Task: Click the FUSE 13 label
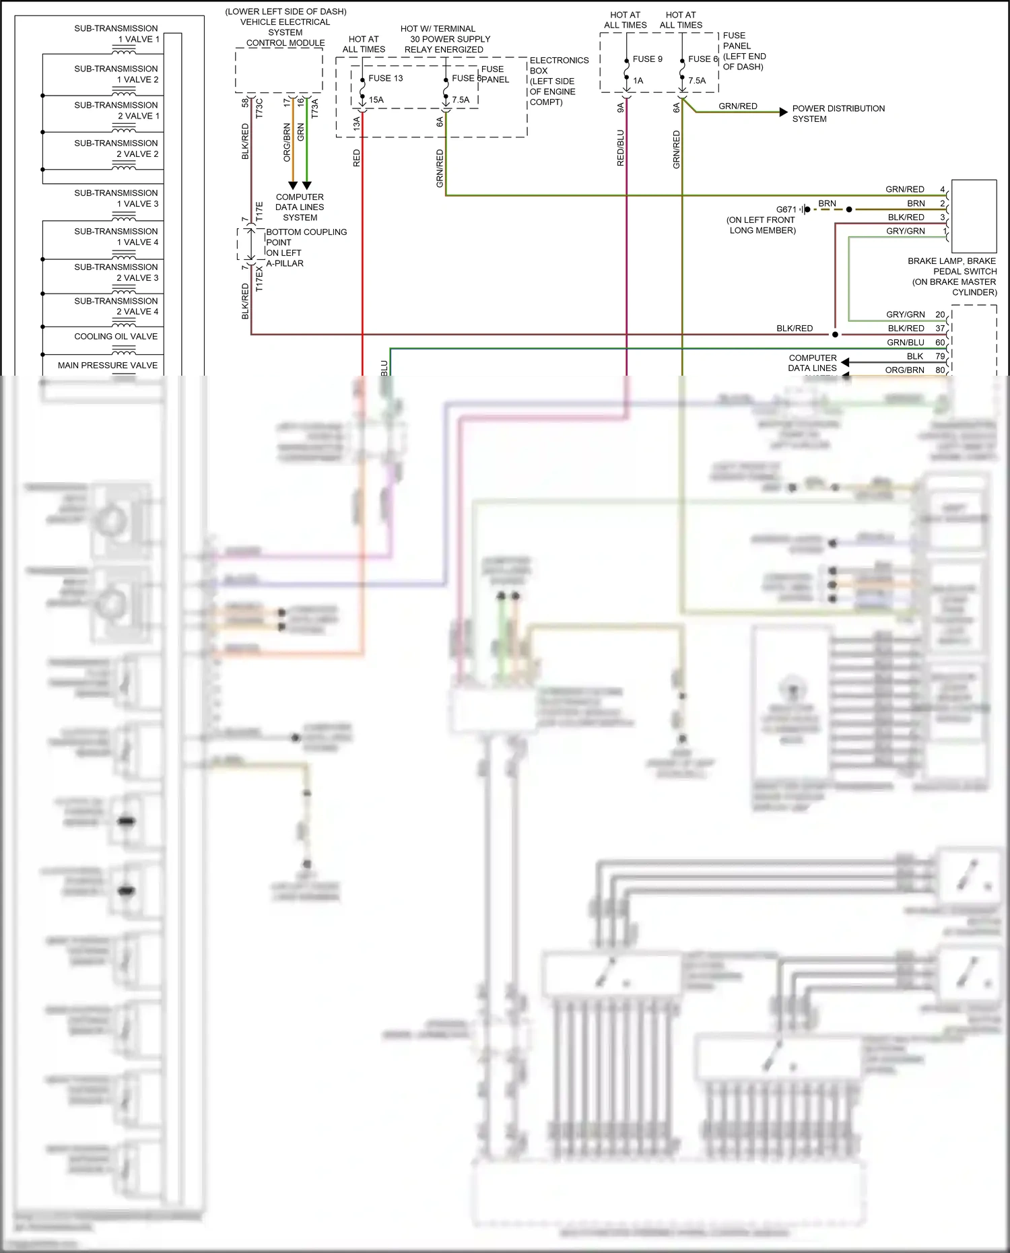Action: (385, 78)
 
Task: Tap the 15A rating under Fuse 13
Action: (376, 100)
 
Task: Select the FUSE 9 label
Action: (647, 59)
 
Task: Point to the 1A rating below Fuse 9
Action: (638, 81)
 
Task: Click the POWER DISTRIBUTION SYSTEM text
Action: (838, 114)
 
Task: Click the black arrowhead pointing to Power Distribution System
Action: (783, 112)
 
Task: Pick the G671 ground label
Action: (786, 209)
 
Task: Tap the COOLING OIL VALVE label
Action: (116, 337)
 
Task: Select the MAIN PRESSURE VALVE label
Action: (108, 366)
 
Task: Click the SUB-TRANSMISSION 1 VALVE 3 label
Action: (116, 199)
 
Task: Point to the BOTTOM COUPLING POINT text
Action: (306, 237)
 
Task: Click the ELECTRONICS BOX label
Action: (558, 65)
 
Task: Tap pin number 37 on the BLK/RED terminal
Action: (939, 329)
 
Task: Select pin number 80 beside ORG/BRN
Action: (939, 370)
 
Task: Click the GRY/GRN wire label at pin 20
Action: (905, 314)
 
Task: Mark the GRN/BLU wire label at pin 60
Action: (905, 343)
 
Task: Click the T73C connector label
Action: (259, 109)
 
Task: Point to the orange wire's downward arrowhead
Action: (292, 185)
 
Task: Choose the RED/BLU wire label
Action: (620, 148)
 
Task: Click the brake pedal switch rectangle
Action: (974, 216)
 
